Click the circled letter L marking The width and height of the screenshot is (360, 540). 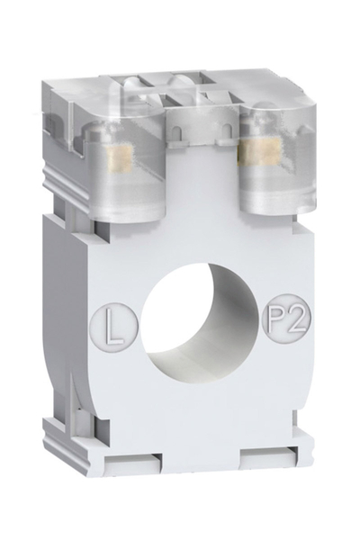(x=113, y=320)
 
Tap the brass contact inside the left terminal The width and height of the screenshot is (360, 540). (x=116, y=159)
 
